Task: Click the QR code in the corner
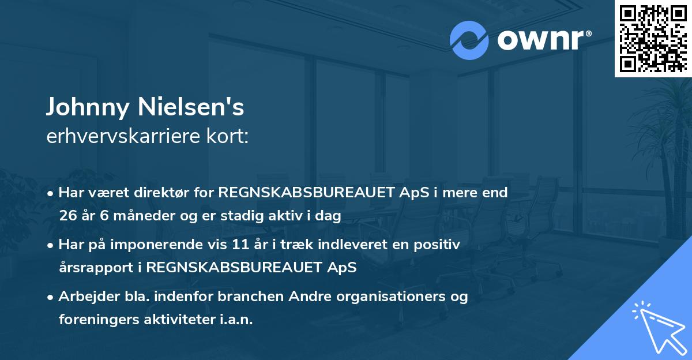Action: [x=653, y=39]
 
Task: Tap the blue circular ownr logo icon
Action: [x=469, y=40]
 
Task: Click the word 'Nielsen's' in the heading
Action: [x=191, y=107]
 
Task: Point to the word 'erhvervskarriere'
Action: [x=123, y=136]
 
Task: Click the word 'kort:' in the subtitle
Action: [x=227, y=136]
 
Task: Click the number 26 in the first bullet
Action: [x=67, y=216]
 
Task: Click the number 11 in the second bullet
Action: [x=240, y=245]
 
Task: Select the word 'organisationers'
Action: [x=391, y=297]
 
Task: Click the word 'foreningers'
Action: [x=99, y=320]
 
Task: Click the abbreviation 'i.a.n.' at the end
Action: [x=236, y=320]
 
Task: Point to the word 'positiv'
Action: [x=437, y=245]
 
